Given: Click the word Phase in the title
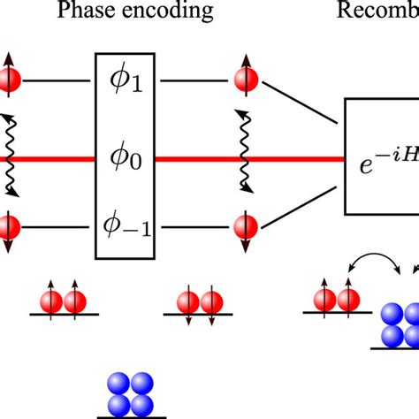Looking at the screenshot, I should [x=85, y=12].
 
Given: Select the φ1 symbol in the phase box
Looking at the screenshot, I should [x=131, y=81].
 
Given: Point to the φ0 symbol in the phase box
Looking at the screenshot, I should [x=131, y=160].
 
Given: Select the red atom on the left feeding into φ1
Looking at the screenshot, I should [x=7, y=81].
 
